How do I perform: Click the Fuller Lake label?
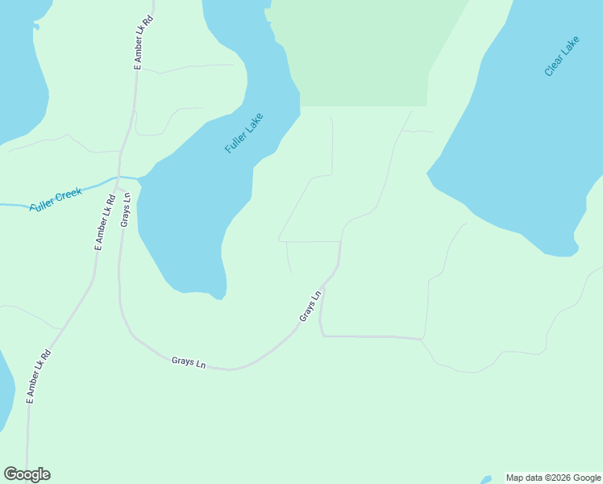244,133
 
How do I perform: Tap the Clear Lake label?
562,56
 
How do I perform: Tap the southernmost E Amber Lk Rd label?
38,376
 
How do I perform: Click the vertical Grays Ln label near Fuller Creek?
126,209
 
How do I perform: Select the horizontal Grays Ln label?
189,362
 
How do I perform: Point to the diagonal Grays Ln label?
310,307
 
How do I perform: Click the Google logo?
27,474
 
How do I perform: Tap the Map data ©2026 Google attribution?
554,478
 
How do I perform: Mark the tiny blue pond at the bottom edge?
485,481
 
